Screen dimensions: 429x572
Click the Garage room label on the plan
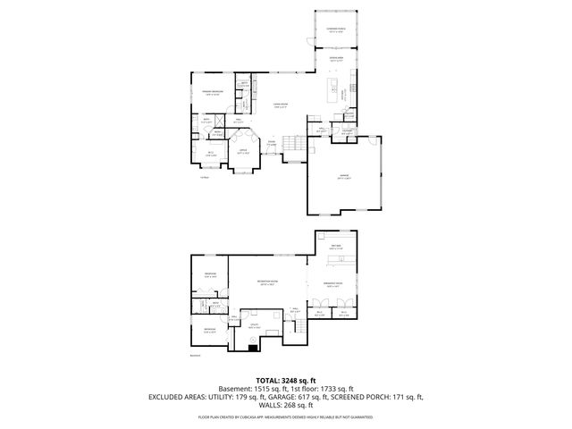pos(344,178)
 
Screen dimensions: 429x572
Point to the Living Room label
pos(280,106)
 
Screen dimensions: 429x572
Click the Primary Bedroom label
pos(212,92)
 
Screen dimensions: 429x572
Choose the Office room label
pos(242,152)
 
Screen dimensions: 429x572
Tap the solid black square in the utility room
pos(252,349)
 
